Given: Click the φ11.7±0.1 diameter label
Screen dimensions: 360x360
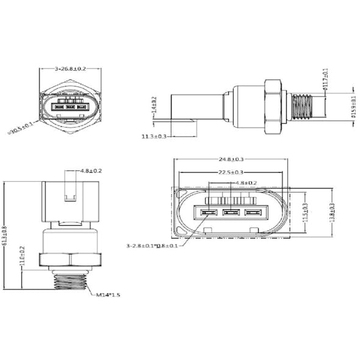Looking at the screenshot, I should click(x=325, y=79).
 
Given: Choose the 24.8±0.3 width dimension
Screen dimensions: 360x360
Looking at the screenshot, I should click(x=231, y=160).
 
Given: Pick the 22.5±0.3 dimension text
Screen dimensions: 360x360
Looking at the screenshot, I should click(x=231, y=172).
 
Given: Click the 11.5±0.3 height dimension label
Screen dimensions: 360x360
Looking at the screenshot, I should click(x=306, y=211).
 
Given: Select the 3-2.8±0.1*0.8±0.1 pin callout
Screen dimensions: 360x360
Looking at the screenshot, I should click(x=152, y=246).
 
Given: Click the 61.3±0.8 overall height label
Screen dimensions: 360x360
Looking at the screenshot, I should click(x=5, y=236).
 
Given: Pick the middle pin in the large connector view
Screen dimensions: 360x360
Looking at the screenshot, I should click(x=231, y=212).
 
